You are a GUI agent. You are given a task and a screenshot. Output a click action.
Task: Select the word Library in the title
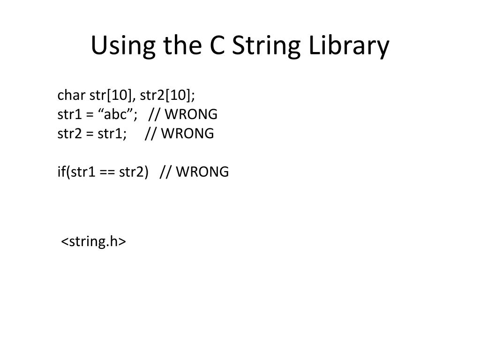point(348,46)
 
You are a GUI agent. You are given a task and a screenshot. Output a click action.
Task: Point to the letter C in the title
point(213,46)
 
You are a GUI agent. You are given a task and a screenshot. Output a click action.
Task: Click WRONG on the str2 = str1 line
point(187,134)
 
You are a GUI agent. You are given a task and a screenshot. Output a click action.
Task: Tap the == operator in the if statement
point(105,172)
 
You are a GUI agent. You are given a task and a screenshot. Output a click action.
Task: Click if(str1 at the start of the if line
point(75,172)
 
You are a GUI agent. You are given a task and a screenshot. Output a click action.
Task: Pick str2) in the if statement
point(133,172)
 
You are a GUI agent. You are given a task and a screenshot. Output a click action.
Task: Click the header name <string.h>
point(94,241)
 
